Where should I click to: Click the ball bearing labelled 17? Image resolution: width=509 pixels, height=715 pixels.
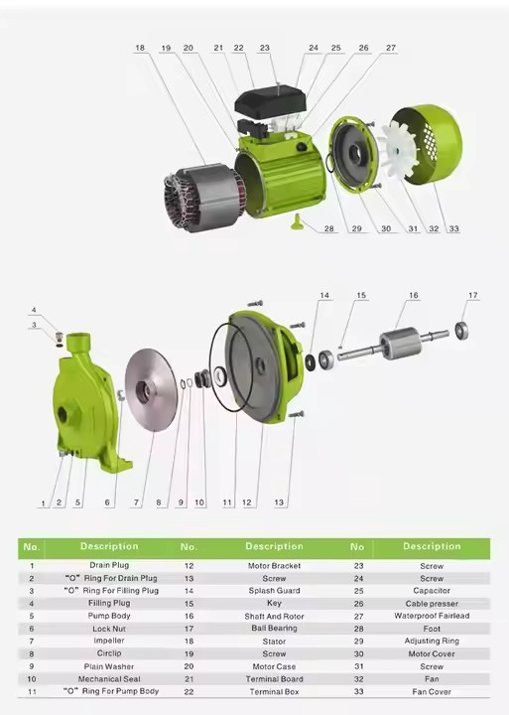tap(462, 329)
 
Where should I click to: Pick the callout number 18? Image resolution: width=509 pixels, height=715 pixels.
tap(140, 48)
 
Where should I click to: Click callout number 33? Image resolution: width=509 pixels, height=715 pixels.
tap(453, 229)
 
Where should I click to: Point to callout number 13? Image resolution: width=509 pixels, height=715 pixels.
tap(279, 502)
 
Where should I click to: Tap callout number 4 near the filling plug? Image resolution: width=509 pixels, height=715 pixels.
tap(33, 310)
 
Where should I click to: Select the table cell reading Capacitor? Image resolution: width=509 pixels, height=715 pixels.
tap(432, 590)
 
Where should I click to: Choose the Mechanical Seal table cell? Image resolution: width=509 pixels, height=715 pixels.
tap(109, 678)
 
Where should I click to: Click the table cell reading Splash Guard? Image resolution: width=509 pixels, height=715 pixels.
tap(274, 590)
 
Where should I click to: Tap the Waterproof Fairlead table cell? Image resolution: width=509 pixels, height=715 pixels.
tap(432, 615)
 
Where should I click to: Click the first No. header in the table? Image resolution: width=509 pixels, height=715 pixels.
tap(32, 546)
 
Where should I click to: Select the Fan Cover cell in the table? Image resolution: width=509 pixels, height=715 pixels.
tap(432, 691)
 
